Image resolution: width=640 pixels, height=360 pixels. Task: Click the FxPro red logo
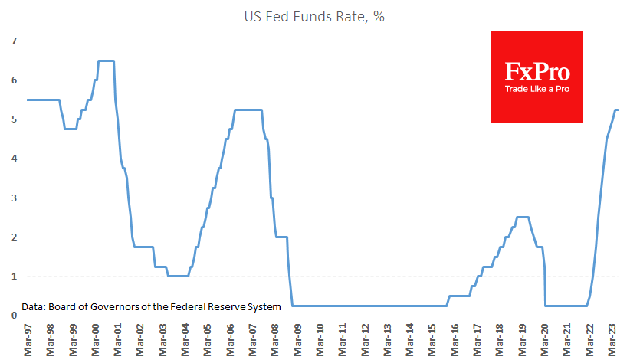[x=537, y=77]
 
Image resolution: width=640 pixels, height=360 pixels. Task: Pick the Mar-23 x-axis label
[x=613, y=338]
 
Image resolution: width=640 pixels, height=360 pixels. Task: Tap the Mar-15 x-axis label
[x=434, y=338]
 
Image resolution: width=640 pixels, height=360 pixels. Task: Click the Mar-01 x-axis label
[x=120, y=338]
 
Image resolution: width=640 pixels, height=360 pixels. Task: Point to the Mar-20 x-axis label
[x=546, y=338]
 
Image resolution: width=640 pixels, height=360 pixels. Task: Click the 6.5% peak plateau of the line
[x=107, y=61]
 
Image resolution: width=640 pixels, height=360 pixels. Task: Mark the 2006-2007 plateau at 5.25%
[x=248, y=110]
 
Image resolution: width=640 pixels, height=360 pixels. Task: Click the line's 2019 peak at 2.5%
[x=523, y=217]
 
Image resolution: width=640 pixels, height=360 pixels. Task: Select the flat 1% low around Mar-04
[x=178, y=276]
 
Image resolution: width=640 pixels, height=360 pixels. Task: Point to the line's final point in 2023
[x=618, y=110]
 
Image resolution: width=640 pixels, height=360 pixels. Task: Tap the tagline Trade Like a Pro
[x=537, y=90]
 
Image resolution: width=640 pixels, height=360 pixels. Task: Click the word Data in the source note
[x=33, y=306]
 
